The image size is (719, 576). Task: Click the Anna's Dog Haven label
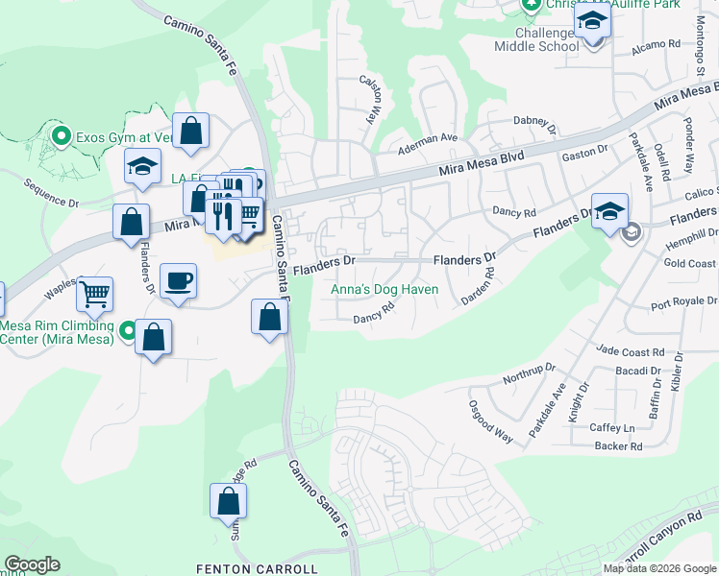(x=384, y=289)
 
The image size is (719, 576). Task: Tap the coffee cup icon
(x=178, y=281)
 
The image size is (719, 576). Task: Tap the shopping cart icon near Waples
(x=95, y=295)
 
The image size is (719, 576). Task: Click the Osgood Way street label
(x=491, y=420)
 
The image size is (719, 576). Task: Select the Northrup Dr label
(x=530, y=374)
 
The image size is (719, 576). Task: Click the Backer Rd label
(x=618, y=445)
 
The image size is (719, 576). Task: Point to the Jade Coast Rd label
(x=631, y=352)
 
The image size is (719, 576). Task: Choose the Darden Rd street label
(x=478, y=285)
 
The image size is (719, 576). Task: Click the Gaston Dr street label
(x=585, y=151)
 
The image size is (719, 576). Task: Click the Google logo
(x=32, y=564)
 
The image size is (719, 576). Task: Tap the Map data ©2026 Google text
(x=659, y=568)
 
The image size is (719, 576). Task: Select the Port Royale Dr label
(x=683, y=304)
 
